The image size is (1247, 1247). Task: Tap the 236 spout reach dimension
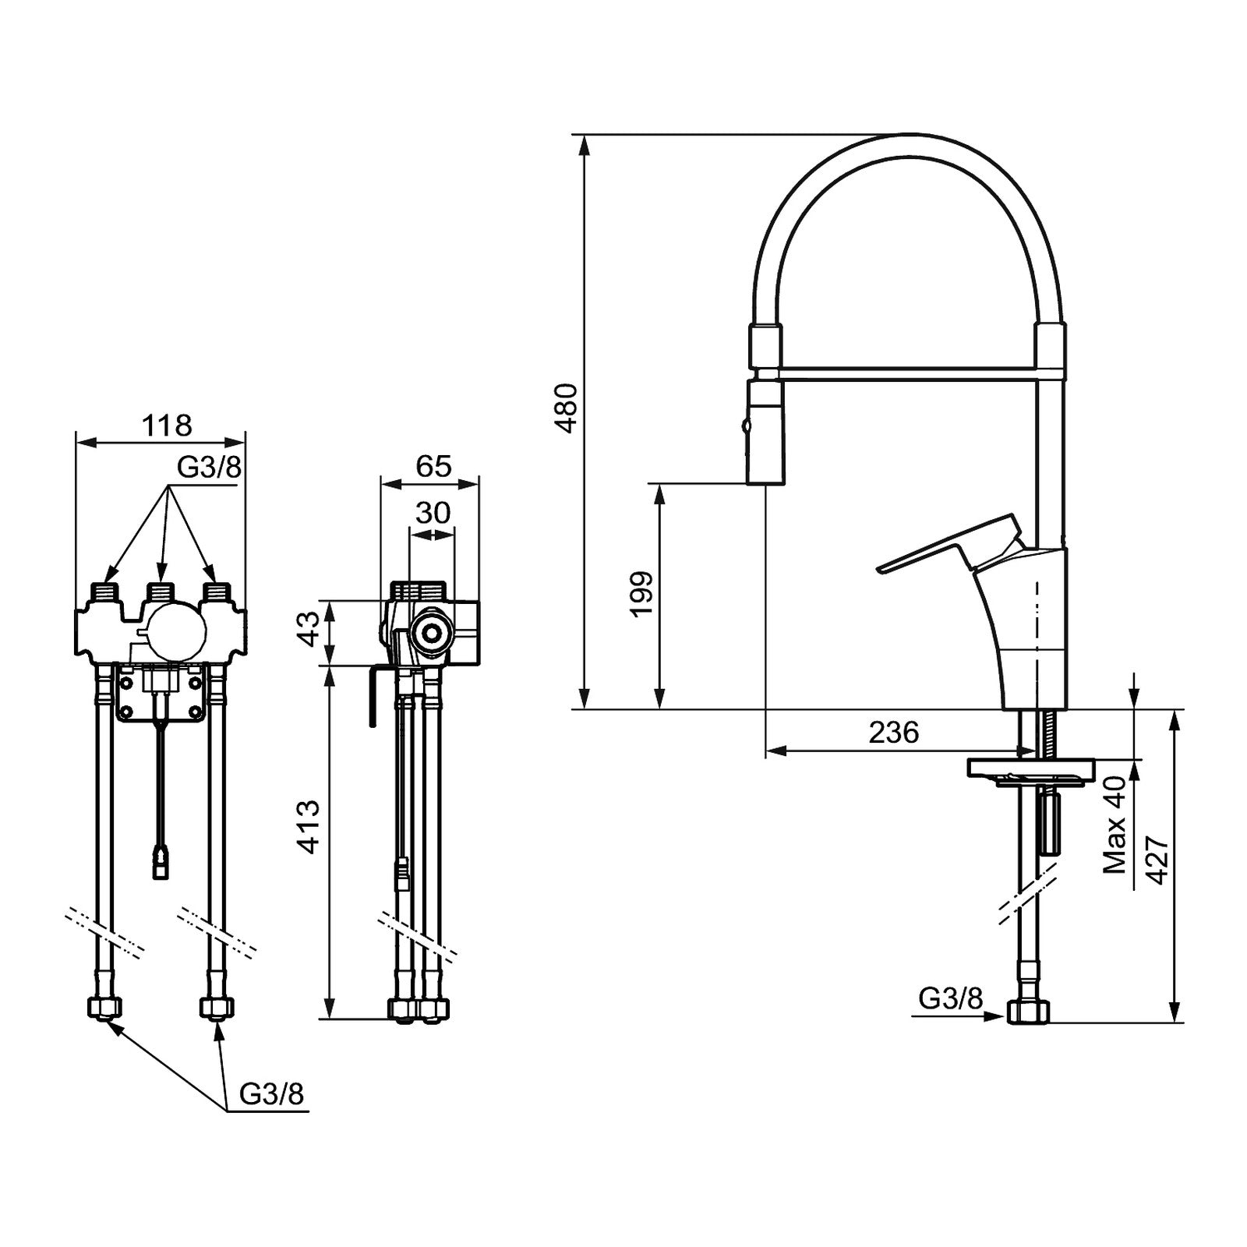[894, 733]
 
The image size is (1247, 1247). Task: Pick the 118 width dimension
[167, 426]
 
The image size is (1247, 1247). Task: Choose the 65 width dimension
[433, 466]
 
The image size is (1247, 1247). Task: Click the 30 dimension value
[433, 513]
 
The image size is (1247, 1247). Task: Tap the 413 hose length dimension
[309, 827]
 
